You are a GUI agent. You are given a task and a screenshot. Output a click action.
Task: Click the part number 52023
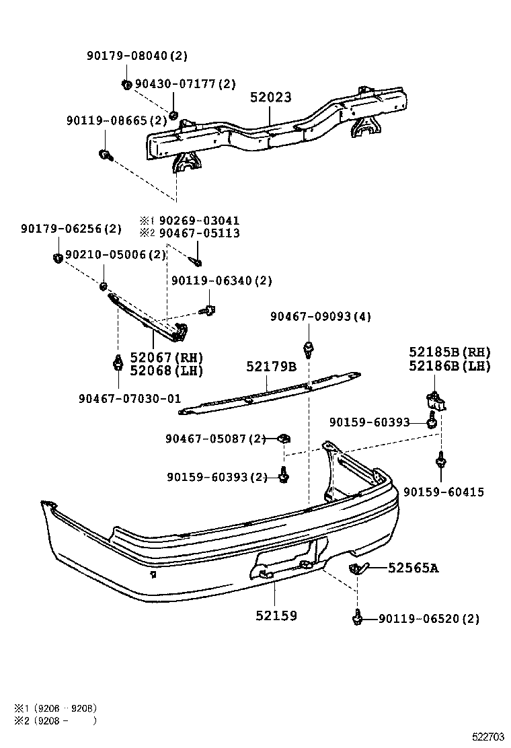[271, 98]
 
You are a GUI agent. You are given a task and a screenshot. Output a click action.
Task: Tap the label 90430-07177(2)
[186, 84]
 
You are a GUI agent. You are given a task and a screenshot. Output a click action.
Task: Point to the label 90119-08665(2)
[116, 120]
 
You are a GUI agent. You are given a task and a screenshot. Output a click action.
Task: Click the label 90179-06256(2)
[71, 229]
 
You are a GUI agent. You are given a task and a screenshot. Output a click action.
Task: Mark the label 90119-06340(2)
[222, 280]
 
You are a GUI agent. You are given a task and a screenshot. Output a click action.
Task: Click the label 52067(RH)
[167, 357]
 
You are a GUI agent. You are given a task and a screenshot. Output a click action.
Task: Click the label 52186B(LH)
[450, 366]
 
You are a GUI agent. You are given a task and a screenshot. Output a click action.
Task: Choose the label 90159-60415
[444, 492]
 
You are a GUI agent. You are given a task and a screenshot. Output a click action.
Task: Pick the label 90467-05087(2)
[216, 439]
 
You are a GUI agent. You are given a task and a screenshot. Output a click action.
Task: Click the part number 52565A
[413, 568]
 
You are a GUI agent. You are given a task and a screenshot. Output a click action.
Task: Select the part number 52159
[276, 615]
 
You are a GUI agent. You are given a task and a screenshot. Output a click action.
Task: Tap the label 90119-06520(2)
[429, 619]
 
